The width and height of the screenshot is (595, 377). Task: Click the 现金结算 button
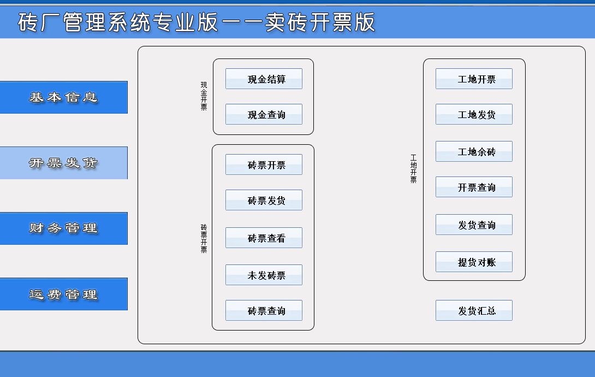[x=264, y=79]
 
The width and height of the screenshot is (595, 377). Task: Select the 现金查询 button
[x=264, y=114]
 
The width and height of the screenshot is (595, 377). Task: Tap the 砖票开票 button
[x=264, y=164]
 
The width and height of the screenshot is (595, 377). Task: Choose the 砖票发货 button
[x=264, y=200]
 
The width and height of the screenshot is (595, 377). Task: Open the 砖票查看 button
[x=264, y=238]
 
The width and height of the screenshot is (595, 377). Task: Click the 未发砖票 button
[x=264, y=275]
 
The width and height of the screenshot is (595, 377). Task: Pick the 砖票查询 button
[x=264, y=310]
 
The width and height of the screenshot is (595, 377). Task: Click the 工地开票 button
[x=474, y=79]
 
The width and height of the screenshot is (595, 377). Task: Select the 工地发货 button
[x=474, y=114]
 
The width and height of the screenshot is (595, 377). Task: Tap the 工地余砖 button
[x=474, y=151]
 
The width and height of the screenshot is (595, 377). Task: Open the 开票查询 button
[x=474, y=187]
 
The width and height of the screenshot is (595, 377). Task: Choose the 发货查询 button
[x=474, y=225]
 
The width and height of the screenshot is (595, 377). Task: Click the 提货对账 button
[x=474, y=262]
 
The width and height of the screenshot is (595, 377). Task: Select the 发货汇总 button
[x=474, y=310]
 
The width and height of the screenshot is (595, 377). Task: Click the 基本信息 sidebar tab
[x=64, y=97]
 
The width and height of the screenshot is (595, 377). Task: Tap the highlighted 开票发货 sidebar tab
[x=64, y=163]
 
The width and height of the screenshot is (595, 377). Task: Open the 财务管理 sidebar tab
[x=64, y=228]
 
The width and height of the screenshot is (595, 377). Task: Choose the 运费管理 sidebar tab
[x=64, y=294]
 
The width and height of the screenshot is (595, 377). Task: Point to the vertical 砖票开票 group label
[x=204, y=238]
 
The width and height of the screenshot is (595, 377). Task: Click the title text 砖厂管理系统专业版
[x=118, y=22]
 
